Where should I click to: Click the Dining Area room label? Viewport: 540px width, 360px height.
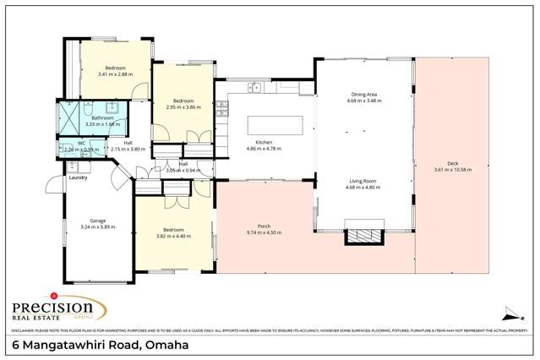(363, 94)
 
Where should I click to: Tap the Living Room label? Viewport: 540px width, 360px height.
(363, 180)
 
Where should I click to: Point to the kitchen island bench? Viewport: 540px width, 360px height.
(274, 125)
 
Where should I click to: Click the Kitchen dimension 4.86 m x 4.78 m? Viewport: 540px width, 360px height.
(264, 149)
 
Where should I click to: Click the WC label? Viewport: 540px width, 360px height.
(82, 144)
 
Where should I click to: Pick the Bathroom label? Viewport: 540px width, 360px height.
(103, 117)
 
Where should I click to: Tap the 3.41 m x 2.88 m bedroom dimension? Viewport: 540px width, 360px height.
(115, 74)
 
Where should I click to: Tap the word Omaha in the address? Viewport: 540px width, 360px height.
(166, 346)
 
